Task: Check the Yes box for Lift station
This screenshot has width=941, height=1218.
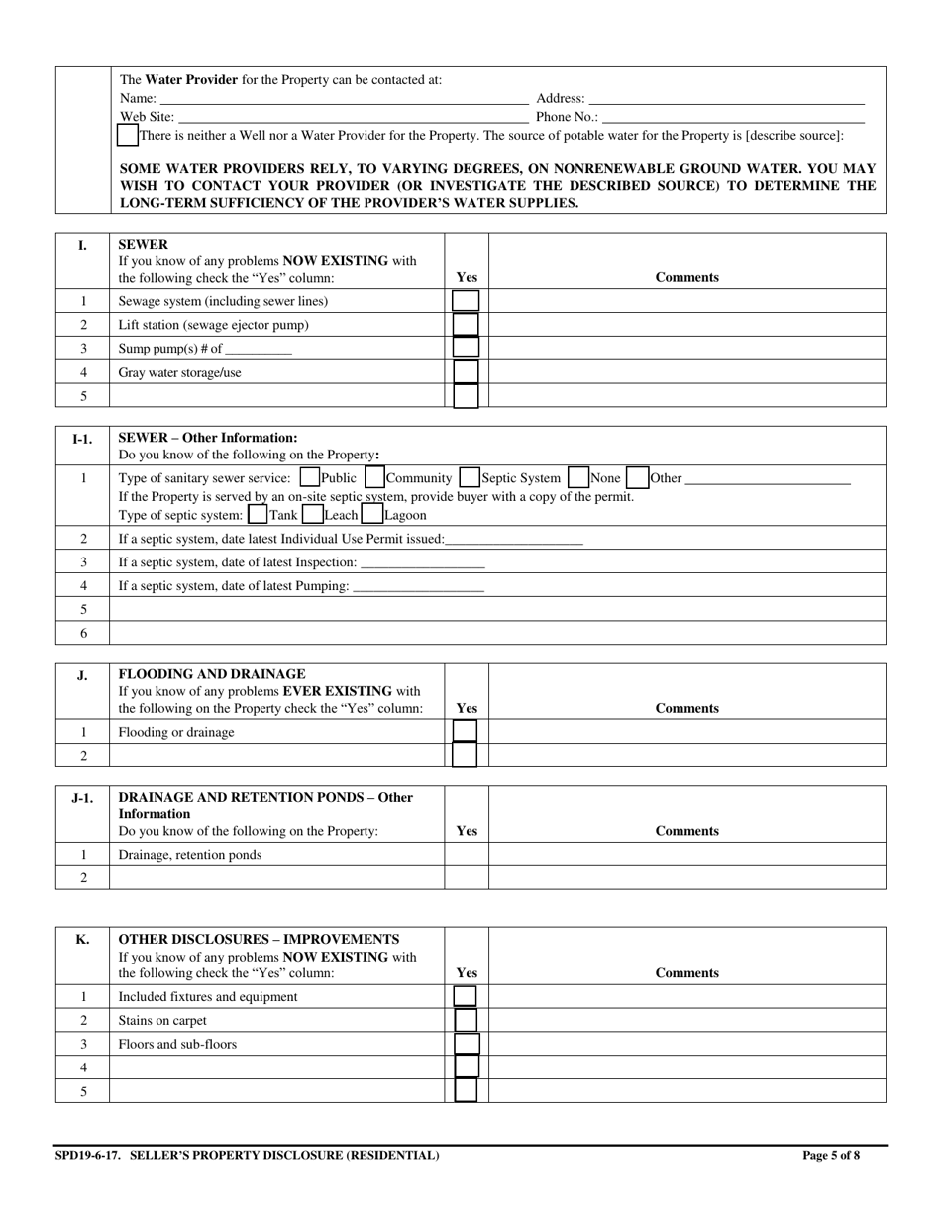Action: point(466,325)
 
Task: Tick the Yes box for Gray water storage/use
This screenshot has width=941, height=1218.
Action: point(466,373)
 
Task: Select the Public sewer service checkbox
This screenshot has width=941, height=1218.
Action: point(309,478)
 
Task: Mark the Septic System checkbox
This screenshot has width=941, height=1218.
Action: point(470,478)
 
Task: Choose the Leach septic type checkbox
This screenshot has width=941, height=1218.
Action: point(312,515)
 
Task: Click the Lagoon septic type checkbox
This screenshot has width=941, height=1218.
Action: point(372,515)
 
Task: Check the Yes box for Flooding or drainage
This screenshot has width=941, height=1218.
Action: point(465,732)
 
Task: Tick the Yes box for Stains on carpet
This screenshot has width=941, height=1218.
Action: point(465,1020)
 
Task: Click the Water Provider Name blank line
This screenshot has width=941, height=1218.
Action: point(344,98)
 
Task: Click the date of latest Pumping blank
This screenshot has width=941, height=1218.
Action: point(418,586)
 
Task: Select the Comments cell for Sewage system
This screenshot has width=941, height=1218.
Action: point(687,301)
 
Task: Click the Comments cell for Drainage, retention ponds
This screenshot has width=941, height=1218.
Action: point(687,855)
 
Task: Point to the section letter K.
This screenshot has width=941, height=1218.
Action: point(82,939)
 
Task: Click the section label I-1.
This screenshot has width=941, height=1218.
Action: point(82,438)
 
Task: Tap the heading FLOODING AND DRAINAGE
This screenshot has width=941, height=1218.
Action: point(212,674)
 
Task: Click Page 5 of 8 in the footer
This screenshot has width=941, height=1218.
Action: point(831,1155)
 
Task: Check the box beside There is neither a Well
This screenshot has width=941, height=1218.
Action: point(128,135)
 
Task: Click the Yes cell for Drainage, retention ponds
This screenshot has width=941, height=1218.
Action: point(467,855)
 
